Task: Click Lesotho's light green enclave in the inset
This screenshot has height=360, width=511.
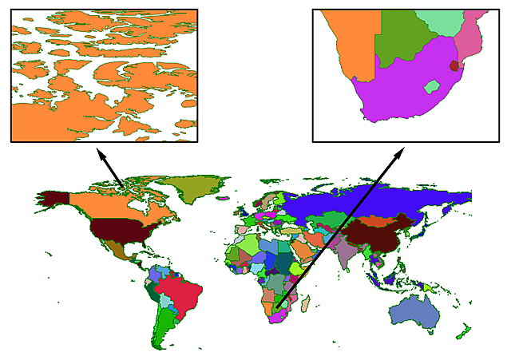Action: [432, 85]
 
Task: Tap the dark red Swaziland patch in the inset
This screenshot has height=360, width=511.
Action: [455, 66]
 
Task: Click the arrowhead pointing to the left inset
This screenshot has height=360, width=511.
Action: [100, 153]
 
